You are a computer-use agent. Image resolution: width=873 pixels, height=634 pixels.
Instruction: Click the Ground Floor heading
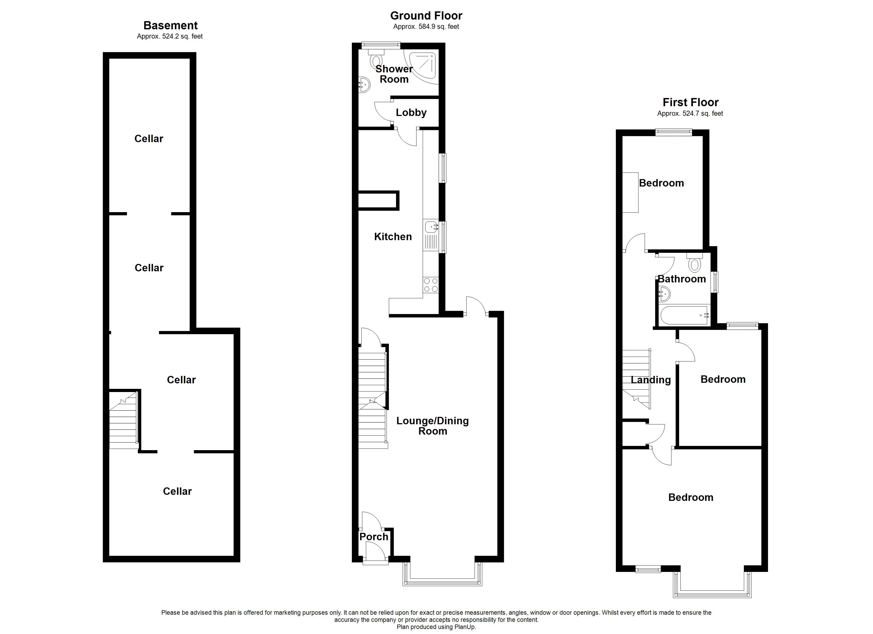(x=426, y=16)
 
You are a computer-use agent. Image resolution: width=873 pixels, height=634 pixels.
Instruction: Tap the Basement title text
(x=171, y=25)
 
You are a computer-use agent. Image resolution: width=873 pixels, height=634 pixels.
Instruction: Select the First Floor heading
(x=690, y=102)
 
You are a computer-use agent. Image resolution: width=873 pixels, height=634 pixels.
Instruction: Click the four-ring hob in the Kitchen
(x=431, y=285)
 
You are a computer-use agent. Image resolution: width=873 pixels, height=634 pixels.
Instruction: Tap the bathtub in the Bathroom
(x=685, y=315)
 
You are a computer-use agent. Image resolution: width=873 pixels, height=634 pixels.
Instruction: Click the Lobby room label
(x=411, y=113)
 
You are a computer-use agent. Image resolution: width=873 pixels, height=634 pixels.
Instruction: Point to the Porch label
(x=374, y=537)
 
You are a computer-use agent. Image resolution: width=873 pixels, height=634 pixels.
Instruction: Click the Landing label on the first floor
(x=651, y=380)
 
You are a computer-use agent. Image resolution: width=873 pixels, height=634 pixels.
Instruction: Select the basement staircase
(x=123, y=421)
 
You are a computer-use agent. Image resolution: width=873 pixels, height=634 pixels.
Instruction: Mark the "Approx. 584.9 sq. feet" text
(x=426, y=26)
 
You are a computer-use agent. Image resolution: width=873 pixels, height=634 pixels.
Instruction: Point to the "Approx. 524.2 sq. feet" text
(x=170, y=36)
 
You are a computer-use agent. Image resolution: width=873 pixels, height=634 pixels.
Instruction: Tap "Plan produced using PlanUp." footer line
(x=436, y=627)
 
